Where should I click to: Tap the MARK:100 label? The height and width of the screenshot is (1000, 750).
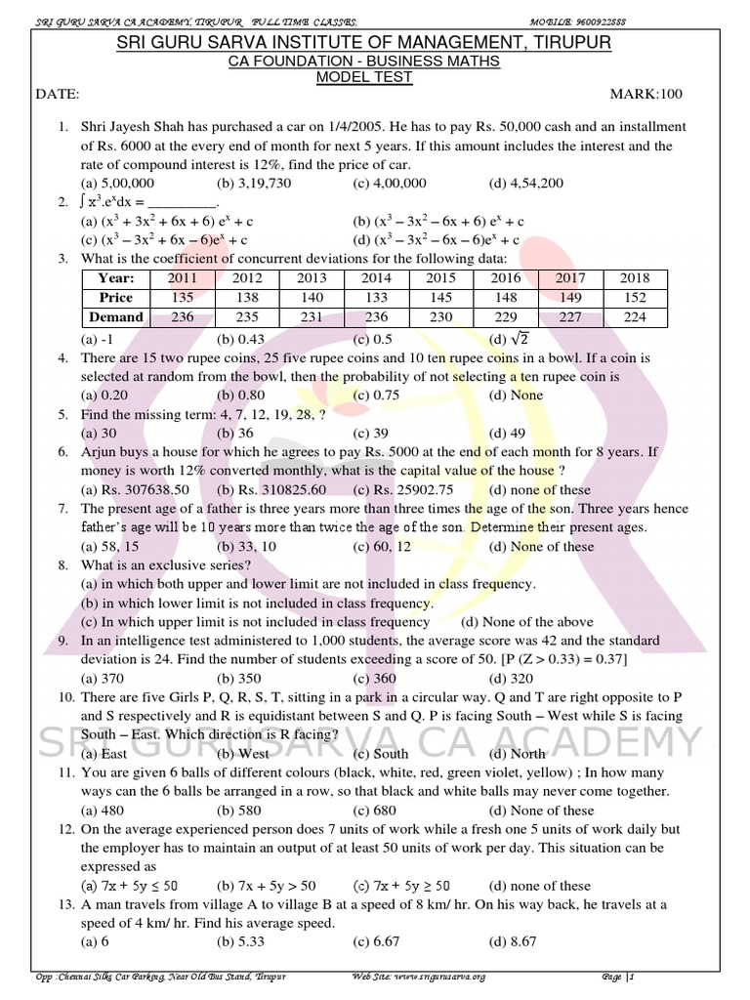tap(646, 95)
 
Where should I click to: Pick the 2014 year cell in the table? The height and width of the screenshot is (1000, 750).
tap(376, 278)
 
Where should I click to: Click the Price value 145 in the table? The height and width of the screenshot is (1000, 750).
tap(441, 298)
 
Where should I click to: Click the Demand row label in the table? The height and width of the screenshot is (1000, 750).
tap(116, 317)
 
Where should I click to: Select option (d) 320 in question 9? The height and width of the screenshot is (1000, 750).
tap(510, 679)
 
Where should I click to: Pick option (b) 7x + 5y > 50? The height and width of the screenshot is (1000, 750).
tap(267, 886)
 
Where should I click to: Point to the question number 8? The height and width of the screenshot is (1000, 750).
tap(62, 565)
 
